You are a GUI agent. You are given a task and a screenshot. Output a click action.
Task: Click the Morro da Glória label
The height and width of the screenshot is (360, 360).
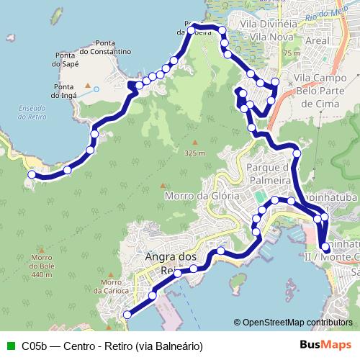[191, 196]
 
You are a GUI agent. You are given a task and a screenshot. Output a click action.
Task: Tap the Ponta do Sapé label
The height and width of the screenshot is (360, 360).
[65, 59]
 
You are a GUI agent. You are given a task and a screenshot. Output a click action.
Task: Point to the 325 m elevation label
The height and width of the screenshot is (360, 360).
[195, 153]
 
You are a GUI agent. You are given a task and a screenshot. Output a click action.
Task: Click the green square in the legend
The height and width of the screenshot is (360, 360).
[9, 346]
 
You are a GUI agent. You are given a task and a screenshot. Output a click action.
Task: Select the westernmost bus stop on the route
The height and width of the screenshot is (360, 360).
[32, 174]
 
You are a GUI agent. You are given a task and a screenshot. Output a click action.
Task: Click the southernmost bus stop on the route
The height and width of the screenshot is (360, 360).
[127, 314]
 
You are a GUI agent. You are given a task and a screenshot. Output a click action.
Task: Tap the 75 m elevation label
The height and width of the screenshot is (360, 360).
[292, 53]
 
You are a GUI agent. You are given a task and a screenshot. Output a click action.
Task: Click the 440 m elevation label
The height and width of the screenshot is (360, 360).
[43, 275]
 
